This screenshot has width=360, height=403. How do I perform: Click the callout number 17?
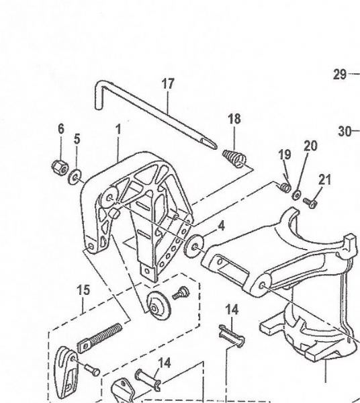tap(168, 84)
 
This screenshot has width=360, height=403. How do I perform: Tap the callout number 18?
tap(234, 120)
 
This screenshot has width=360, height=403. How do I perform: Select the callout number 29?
tap(340, 75)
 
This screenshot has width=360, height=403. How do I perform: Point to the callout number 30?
tap(345, 132)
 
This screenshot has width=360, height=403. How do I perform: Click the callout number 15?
tap(83, 290)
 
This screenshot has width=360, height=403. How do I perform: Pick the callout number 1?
tap(118, 129)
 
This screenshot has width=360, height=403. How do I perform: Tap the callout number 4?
tap(221, 226)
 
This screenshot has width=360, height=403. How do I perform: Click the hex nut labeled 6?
tap(60, 167)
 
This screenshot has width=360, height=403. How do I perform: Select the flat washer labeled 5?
tap(75, 177)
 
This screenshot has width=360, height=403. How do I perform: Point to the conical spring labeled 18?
tap(234, 157)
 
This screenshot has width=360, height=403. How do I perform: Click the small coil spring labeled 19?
tap(285, 187)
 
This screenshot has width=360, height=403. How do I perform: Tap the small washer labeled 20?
tap(297, 195)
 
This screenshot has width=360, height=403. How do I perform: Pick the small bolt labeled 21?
tap(310, 203)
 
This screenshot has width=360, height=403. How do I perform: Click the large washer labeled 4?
tap(194, 245)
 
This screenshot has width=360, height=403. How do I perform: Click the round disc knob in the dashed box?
tap(159, 306)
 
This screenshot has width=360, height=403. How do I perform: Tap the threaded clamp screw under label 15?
tap(99, 337)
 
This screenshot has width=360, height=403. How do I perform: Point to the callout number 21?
tap(324, 180)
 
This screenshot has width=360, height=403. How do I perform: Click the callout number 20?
tap(311, 146)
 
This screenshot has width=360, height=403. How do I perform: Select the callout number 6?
tap(61, 129)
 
